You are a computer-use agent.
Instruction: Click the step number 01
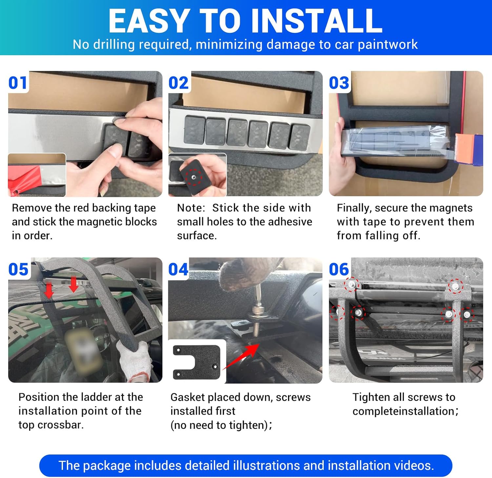(18, 83)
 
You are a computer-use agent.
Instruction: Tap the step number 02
(179, 83)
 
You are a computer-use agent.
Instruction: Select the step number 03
(339, 83)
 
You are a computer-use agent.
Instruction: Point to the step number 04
(178, 270)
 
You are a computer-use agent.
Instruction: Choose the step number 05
(18, 270)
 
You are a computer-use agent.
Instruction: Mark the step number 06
(339, 270)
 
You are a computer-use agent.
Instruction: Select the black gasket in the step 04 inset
(196, 362)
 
